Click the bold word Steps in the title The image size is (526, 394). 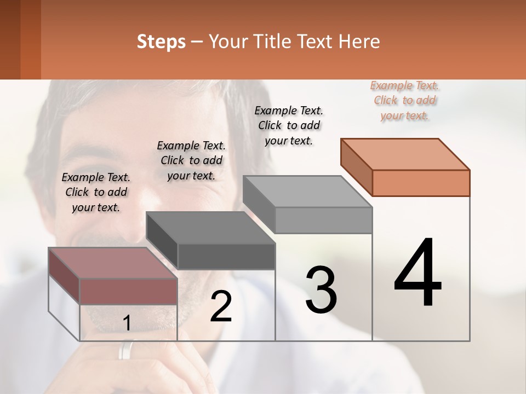(x=161, y=42)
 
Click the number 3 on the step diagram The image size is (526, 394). (x=321, y=290)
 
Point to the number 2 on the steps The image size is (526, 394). (x=221, y=306)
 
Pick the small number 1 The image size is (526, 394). (x=127, y=324)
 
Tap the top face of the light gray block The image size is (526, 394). (x=307, y=192)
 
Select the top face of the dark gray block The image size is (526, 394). (x=210, y=228)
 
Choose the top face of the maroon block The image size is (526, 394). (x=113, y=263)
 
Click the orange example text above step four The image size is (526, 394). (x=405, y=101)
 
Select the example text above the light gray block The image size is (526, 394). (x=289, y=125)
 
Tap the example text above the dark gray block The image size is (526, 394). (x=191, y=160)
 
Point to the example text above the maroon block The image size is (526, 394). (x=96, y=192)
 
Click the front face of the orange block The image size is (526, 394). (x=421, y=183)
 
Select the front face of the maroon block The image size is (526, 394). (x=129, y=291)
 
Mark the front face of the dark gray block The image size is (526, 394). (x=226, y=256)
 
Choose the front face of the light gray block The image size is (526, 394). (x=323, y=220)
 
